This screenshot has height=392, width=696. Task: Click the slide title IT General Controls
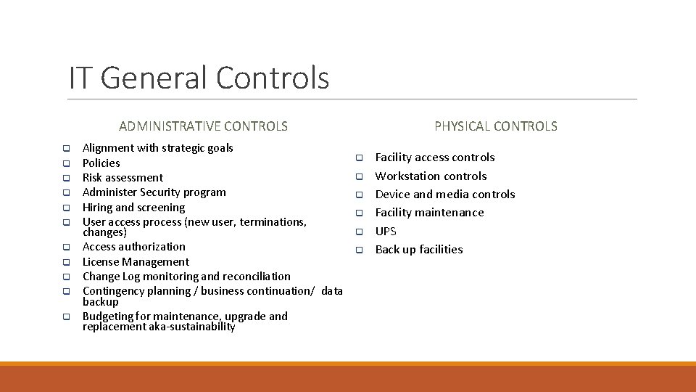[199, 78]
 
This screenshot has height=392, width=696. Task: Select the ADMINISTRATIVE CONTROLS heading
[203, 126]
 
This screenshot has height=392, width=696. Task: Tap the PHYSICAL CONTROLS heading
[496, 126]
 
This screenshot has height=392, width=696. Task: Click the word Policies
[101, 163]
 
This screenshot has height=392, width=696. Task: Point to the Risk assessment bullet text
[123, 178]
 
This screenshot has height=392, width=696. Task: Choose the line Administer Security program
[154, 192]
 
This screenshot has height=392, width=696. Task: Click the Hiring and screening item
[133, 208]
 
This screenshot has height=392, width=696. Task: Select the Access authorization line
[133, 247]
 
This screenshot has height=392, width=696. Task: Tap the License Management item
[136, 262]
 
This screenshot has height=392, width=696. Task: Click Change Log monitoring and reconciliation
[186, 277]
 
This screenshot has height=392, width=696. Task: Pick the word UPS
[386, 232]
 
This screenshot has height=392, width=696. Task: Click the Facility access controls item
[434, 158]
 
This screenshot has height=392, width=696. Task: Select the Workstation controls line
[431, 176]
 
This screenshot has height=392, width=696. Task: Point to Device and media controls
[444, 195]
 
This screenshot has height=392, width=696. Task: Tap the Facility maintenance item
[429, 213]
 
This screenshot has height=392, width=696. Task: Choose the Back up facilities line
[418, 250]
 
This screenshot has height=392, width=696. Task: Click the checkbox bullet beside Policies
[65, 163]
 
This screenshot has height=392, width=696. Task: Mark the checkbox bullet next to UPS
[357, 232]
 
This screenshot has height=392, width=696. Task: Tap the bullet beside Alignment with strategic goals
[65, 148]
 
